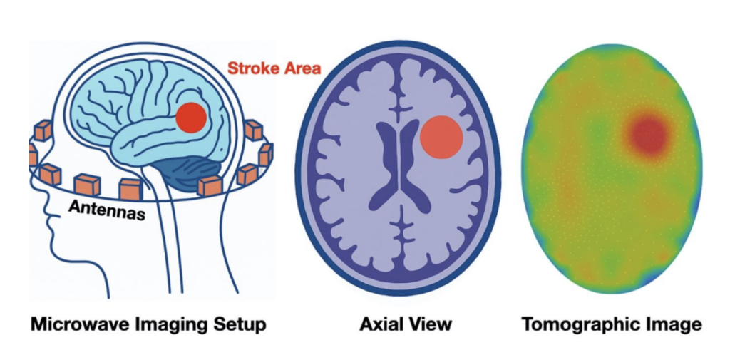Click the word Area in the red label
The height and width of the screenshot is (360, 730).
302,69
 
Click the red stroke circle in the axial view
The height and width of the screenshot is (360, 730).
441,137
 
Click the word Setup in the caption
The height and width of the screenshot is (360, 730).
239,325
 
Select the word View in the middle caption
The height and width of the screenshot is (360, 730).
430,325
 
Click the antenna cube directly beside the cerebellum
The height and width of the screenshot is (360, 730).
211,185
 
